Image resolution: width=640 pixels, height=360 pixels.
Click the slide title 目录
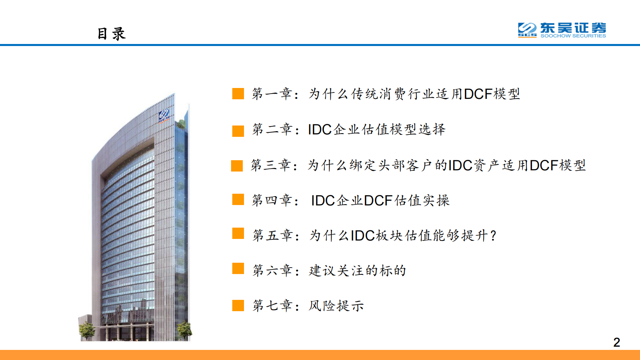[x=111, y=34]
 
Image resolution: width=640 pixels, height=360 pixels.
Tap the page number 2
[x=616, y=342]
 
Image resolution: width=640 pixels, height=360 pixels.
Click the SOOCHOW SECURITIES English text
[x=573, y=36]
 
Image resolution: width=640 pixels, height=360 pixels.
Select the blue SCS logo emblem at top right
[x=527, y=29]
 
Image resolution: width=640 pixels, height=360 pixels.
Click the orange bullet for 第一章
[x=238, y=94]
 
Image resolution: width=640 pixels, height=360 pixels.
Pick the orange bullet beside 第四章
[x=238, y=199]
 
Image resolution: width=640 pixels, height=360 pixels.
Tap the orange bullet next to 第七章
[x=238, y=306]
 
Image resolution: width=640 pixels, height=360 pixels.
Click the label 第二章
[x=272, y=129]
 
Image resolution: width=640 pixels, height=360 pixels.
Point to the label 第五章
[x=272, y=235]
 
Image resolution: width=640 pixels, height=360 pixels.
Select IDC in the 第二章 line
[x=320, y=130]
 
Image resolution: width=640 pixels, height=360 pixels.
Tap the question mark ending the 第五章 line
[x=493, y=236]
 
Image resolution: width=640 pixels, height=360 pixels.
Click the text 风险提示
[x=336, y=306]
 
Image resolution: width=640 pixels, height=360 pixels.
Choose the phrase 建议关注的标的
[x=357, y=270]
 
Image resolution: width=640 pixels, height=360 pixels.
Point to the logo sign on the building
[x=164, y=115]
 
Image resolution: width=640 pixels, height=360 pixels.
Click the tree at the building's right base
[x=184, y=330]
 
